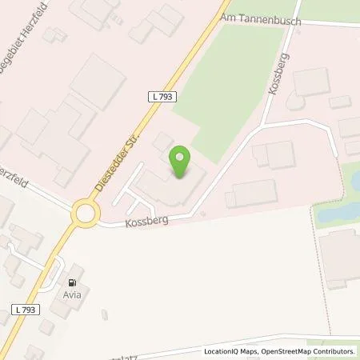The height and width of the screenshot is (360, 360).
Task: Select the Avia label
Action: click(74, 295)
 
